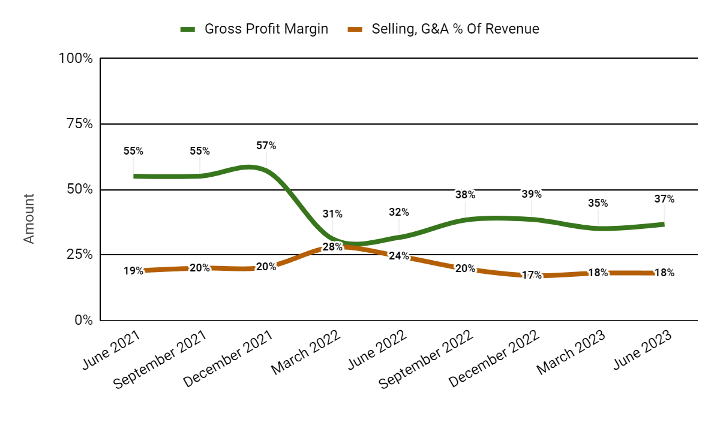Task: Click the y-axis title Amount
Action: point(29,218)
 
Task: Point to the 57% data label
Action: point(266,146)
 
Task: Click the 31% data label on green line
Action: point(332,214)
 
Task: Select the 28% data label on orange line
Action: point(332,247)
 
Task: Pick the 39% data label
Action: point(532,194)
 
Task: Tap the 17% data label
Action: point(532,276)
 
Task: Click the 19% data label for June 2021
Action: point(133,271)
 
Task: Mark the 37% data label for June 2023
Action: point(664,199)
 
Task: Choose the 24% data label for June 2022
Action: point(399,256)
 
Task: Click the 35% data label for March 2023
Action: point(598,203)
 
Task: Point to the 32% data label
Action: point(399,212)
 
